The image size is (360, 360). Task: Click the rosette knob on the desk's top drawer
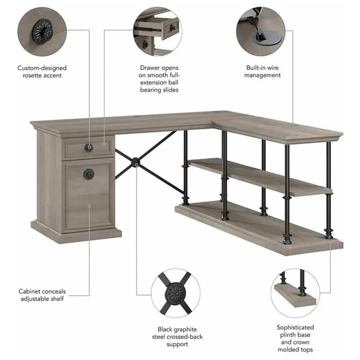89,147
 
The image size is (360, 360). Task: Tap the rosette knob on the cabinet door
89,174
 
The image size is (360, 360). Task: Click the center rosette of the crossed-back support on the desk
136,163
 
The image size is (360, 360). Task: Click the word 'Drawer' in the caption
150,68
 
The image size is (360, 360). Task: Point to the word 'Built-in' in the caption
255,68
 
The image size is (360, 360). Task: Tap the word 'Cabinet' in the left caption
30,291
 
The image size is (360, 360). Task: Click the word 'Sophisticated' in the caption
295,327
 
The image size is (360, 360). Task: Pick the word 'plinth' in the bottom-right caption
288,335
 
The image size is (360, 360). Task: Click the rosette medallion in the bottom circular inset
176,293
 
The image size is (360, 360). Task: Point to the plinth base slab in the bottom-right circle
295,295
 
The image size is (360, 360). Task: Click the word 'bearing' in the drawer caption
150,90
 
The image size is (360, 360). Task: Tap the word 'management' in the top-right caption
263,75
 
